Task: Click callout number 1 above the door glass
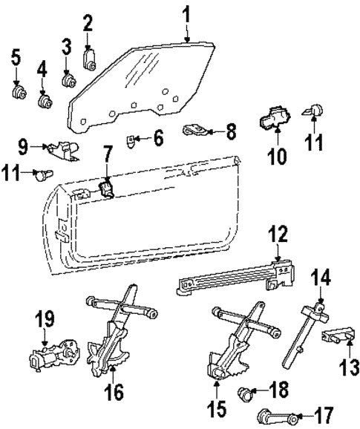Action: pos(187,13)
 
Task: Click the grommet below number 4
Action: pos(42,98)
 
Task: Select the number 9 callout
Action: pos(24,145)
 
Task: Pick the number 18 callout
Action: pos(279,389)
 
